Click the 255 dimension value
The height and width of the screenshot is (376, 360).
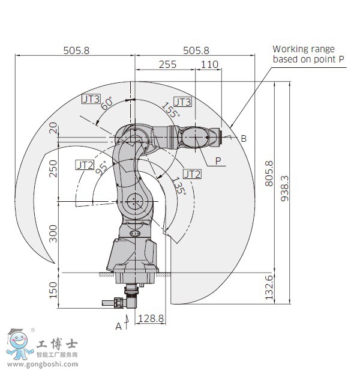pyautogui.click(x=167, y=64)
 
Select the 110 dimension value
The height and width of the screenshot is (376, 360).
pyautogui.click(x=209, y=64)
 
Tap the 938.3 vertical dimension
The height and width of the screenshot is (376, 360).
pyautogui.click(x=284, y=188)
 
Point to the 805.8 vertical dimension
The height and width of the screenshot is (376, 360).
pyautogui.click(x=269, y=173)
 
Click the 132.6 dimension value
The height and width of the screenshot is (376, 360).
pyautogui.click(x=269, y=288)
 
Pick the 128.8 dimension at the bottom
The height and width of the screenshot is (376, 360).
pyautogui.click(x=151, y=319)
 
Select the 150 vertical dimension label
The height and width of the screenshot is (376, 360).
pyautogui.click(x=53, y=290)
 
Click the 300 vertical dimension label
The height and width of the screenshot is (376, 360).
pyautogui.click(x=53, y=233)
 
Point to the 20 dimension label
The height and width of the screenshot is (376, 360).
pyautogui.click(x=53, y=127)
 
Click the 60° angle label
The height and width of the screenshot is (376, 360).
pyautogui.click(x=107, y=103)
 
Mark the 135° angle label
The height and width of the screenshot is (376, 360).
pyautogui.click(x=179, y=186)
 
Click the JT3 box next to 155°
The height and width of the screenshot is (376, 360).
pyautogui.click(x=183, y=102)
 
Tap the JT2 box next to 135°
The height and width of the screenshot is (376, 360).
pyautogui.click(x=192, y=174)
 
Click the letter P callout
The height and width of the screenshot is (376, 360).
pyautogui.click(x=218, y=160)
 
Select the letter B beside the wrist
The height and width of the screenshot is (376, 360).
pyautogui.click(x=244, y=139)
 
